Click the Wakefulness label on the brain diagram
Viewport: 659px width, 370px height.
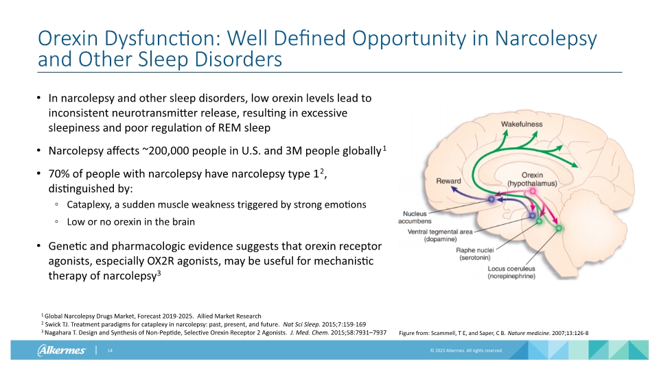[522, 124]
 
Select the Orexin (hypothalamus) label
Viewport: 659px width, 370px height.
[532, 179]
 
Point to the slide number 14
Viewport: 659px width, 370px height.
[109, 351]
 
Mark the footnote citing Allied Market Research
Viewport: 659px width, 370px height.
[152, 316]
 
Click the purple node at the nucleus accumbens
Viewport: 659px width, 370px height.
[492, 199]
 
